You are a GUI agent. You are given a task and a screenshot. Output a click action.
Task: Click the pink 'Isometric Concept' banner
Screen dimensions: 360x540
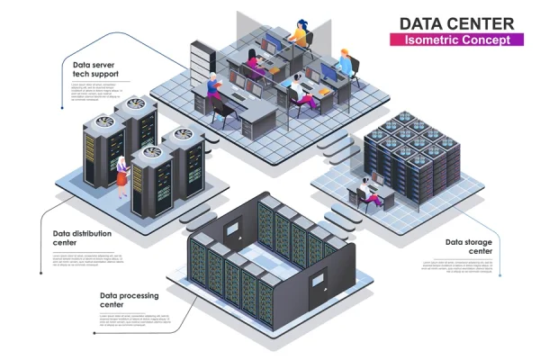(x=456, y=40)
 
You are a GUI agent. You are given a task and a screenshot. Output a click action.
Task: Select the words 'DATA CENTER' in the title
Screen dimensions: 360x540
(x=456, y=22)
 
